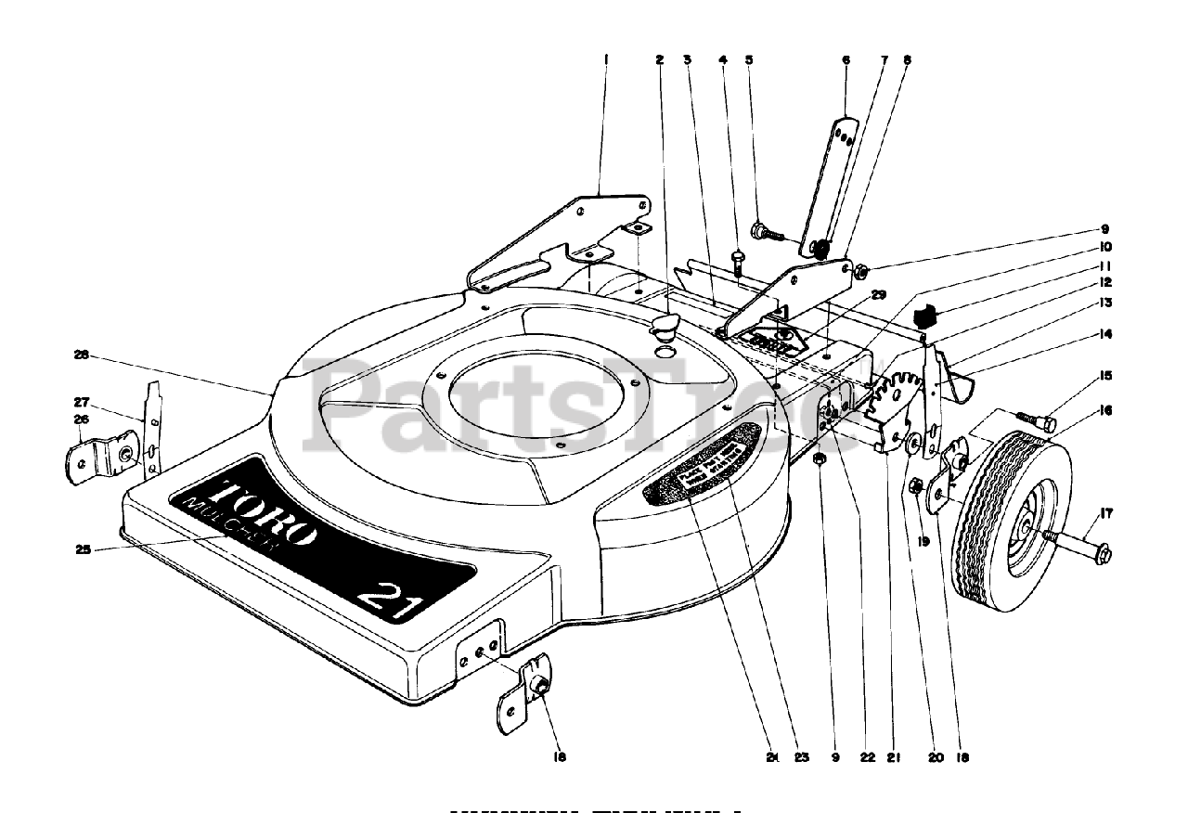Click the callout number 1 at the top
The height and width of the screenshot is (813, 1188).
pos(605,58)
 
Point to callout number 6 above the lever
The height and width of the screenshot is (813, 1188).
pos(846,58)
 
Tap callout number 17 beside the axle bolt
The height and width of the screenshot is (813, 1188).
pos(1106,512)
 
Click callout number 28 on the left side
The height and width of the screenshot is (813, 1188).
pos(81,355)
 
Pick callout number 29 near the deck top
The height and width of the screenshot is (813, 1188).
pos(878,294)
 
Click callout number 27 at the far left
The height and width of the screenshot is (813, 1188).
pos(81,402)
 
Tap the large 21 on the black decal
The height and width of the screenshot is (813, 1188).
pos(390,594)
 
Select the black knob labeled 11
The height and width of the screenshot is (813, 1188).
pos(924,316)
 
